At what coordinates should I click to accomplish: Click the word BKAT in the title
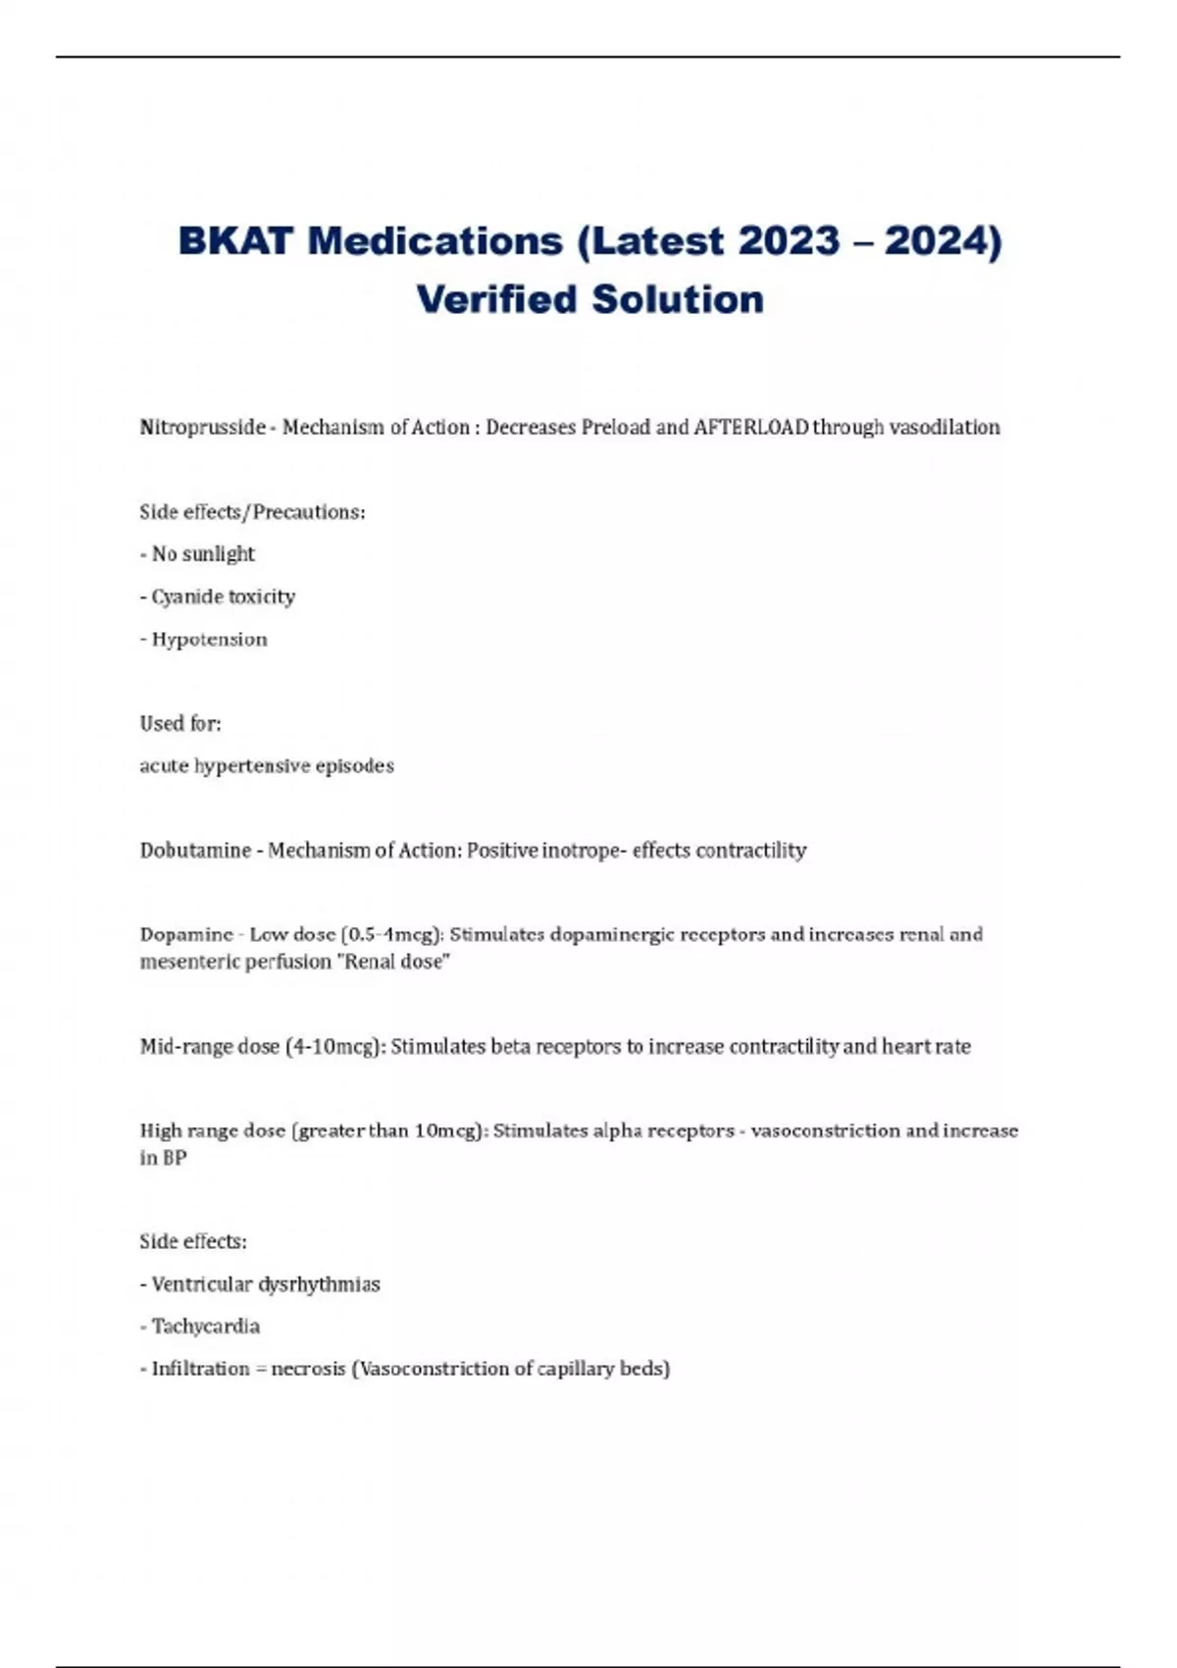point(235,241)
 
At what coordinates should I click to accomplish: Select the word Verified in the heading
point(497,299)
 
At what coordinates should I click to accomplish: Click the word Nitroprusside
point(202,428)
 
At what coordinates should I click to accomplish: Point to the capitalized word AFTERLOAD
point(750,428)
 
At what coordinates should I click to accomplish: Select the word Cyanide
point(186,597)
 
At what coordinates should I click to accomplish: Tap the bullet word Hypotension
point(209,640)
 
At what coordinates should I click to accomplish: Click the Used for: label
point(180,724)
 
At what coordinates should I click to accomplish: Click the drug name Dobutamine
point(195,851)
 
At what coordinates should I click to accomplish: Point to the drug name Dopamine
point(186,935)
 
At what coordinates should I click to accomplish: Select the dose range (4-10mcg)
point(334,1047)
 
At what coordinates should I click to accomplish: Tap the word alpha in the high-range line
point(618,1131)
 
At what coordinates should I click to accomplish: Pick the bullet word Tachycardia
point(206,1327)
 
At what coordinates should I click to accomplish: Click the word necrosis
point(308,1369)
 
